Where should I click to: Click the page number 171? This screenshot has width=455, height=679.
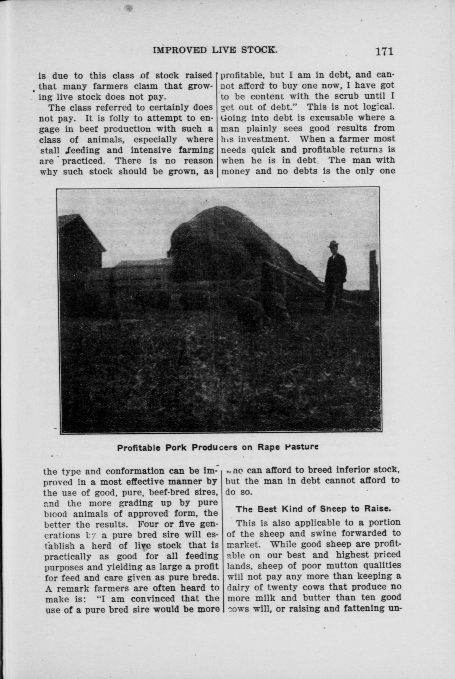point(384,51)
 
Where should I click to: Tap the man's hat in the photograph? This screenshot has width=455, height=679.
point(334,244)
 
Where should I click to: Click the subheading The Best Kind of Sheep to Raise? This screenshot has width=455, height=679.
point(313,509)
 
